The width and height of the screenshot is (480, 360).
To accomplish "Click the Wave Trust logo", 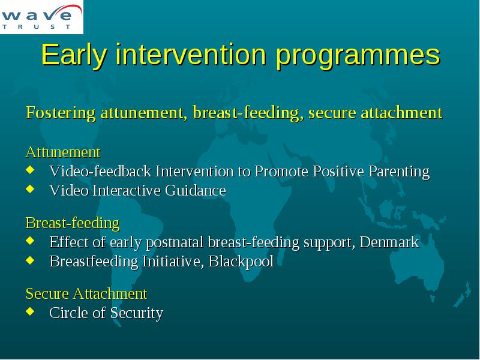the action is click(41, 17).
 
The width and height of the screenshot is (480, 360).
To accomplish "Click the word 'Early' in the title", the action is click(74, 55).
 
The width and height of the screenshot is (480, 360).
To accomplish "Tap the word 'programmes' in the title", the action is click(358, 56).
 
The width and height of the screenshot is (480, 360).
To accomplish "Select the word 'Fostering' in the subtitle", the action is click(61, 113).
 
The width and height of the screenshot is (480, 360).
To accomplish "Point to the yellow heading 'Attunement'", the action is click(63, 152).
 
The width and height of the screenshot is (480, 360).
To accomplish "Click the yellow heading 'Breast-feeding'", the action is click(73, 223).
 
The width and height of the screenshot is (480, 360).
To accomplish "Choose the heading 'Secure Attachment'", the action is click(86, 293).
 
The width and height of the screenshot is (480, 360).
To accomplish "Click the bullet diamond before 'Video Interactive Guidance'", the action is click(30, 188).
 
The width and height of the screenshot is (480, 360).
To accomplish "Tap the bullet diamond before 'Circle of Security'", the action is click(30, 311).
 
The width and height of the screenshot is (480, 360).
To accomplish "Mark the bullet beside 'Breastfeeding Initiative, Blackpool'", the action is click(30, 260).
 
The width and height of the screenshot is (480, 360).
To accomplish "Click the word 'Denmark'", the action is click(389, 242).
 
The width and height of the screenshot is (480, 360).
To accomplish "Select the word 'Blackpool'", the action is click(241, 262).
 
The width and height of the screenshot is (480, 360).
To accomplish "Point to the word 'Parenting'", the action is click(399, 172).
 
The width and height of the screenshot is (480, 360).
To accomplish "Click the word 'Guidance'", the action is click(196, 190).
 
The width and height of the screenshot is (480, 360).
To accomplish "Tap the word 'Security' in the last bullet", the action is click(137, 313).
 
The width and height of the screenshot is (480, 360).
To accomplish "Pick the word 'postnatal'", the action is click(175, 243).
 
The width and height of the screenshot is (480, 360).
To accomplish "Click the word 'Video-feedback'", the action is click(100, 171).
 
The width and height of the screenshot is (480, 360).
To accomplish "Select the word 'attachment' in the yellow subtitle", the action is click(401, 113).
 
